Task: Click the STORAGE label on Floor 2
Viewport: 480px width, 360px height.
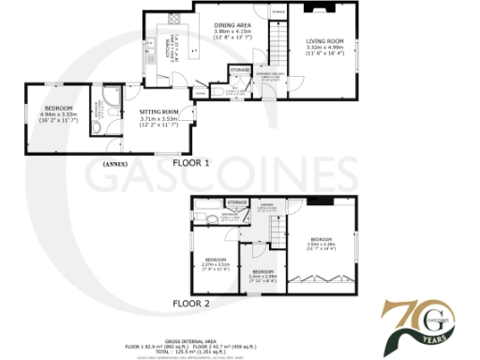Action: point(237,202)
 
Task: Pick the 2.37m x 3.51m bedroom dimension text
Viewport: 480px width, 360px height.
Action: point(217,264)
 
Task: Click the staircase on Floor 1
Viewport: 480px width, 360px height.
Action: point(277,44)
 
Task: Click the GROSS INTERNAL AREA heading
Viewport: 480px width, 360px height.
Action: point(239,339)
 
